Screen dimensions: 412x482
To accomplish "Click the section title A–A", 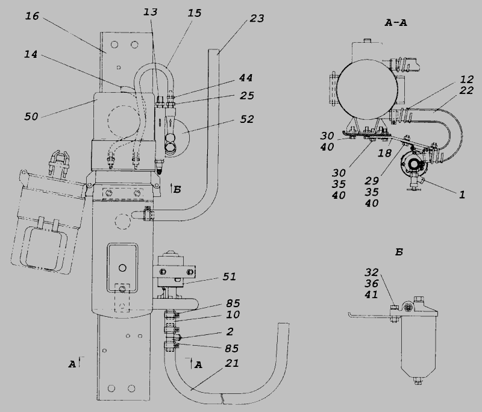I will (x=396, y=23).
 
